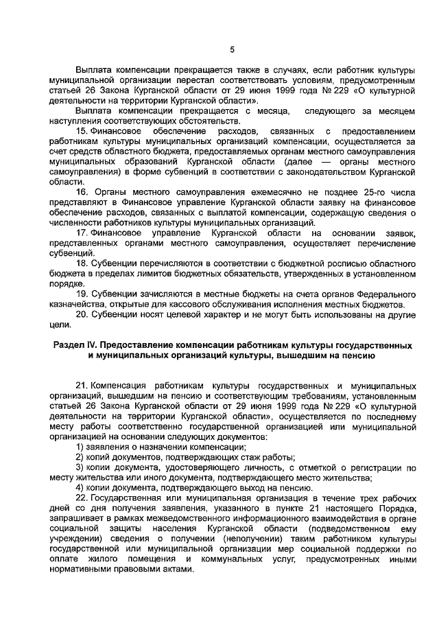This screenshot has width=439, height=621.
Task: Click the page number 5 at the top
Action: click(x=231, y=49)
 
